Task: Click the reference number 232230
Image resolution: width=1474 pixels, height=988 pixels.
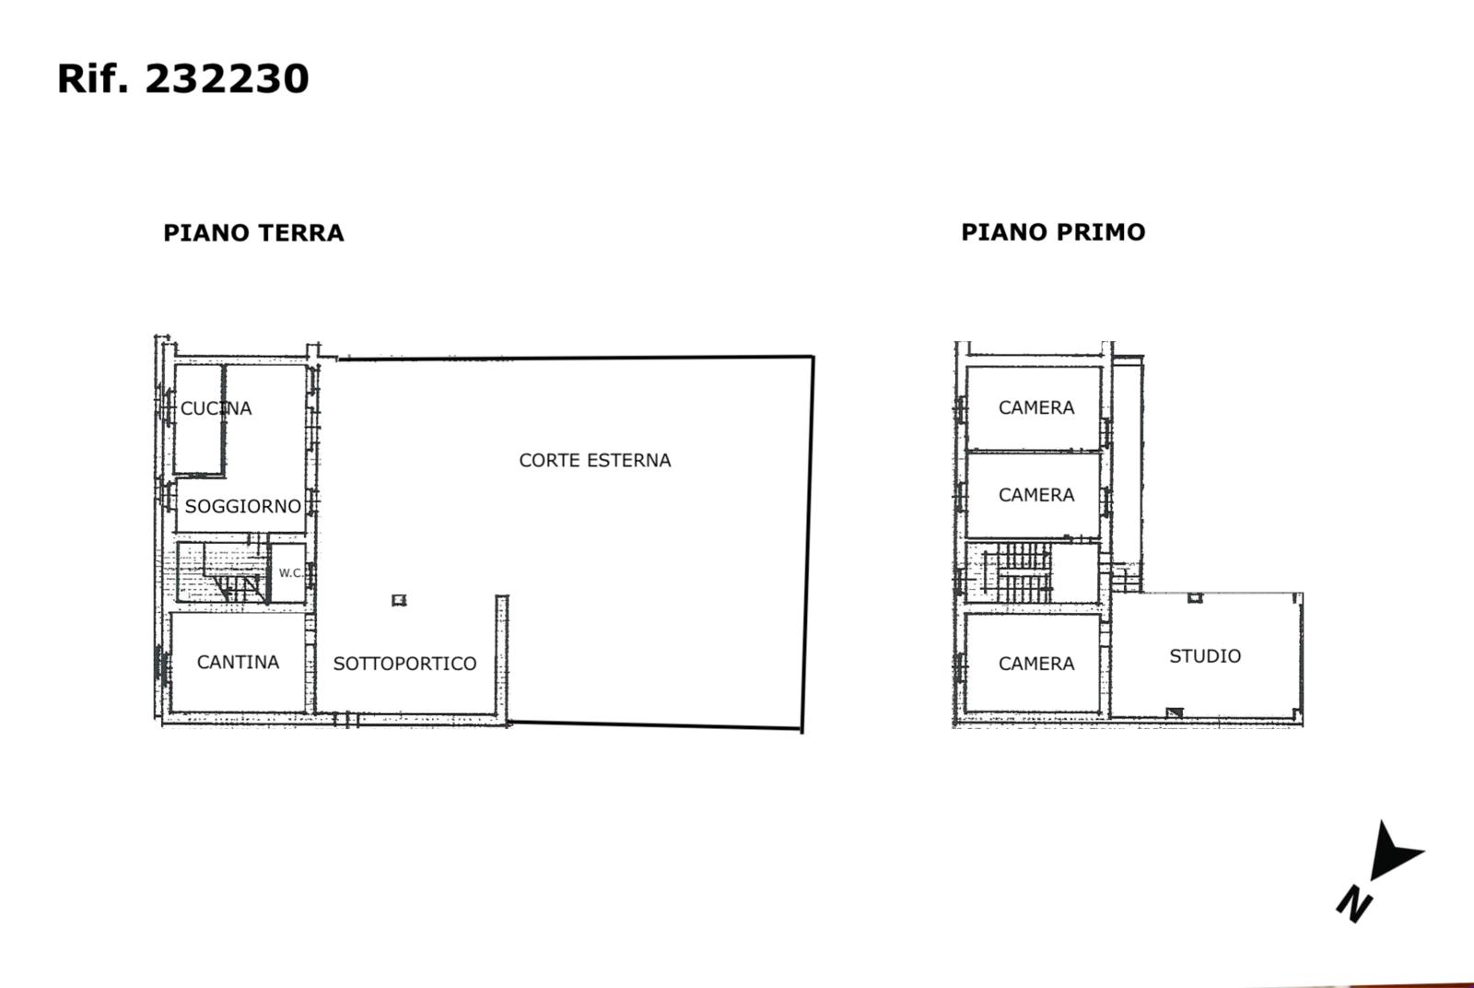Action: [x=227, y=79]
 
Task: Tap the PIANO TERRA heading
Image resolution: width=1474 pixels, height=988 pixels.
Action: [x=253, y=233]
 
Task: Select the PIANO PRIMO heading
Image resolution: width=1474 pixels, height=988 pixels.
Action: [x=1053, y=232]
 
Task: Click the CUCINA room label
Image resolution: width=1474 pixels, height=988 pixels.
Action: [x=216, y=409]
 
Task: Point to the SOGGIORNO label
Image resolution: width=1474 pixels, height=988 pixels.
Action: [x=243, y=506]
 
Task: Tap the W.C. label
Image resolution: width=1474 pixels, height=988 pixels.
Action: [x=290, y=572]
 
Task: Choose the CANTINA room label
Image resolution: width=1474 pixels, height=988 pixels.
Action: [x=238, y=662]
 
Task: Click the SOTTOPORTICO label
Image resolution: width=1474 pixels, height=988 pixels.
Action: [x=404, y=664]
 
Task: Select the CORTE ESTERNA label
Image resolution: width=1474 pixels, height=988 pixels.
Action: [x=595, y=460]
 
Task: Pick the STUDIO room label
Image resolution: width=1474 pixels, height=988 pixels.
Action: [x=1205, y=656]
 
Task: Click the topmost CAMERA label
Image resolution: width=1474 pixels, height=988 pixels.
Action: [x=1036, y=408]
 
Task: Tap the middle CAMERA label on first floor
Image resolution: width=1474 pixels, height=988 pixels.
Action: [x=1036, y=495]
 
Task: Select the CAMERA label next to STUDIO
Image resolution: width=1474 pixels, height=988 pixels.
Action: [x=1036, y=664]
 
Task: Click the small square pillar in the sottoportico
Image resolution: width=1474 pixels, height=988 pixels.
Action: [x=399, y=600]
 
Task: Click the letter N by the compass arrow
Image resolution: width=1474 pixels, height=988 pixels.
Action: [x=1354, y=904]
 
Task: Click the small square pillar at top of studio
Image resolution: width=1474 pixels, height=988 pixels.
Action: [x=1195, y=597]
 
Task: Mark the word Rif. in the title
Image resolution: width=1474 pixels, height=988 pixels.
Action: [x=92, y=79]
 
